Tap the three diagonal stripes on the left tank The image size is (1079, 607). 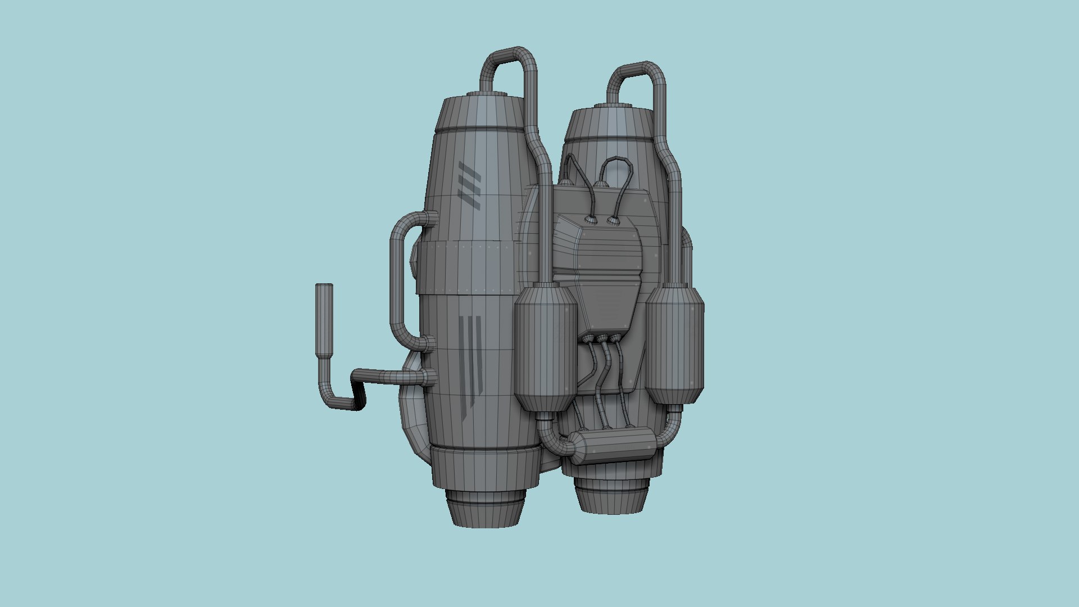[469, 185]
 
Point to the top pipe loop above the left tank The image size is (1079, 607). [509, 62]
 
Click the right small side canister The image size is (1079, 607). [674, 346]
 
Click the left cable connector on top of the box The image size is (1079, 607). [591, 220]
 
